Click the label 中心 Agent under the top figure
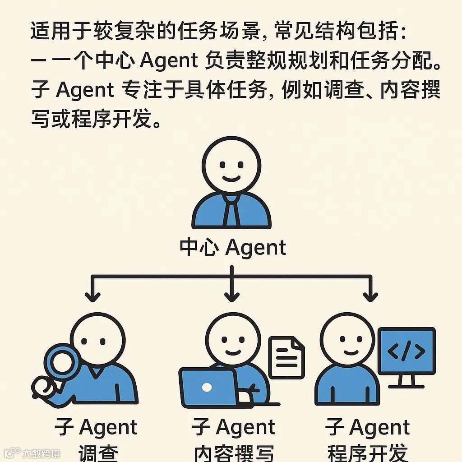pyautogui.click(x=233, y=248)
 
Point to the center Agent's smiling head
pyautogui.click(x=231, y=165)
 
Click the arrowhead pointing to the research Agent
pyautogui.click(x=93, y=296)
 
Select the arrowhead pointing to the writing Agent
pyautogui.click(x=231, y=296)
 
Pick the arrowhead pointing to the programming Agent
pyautogui.click(x=370, y=296)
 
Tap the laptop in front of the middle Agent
pyautogui.click(x=208, y=387)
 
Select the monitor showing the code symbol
pyautogui.click(x=407, y=351)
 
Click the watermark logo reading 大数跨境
pyautogui.click(x=32, y=453)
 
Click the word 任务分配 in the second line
pyautogui.click(x=373, y=61)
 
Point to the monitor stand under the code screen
pyautogui.click(x=406, y=382)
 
